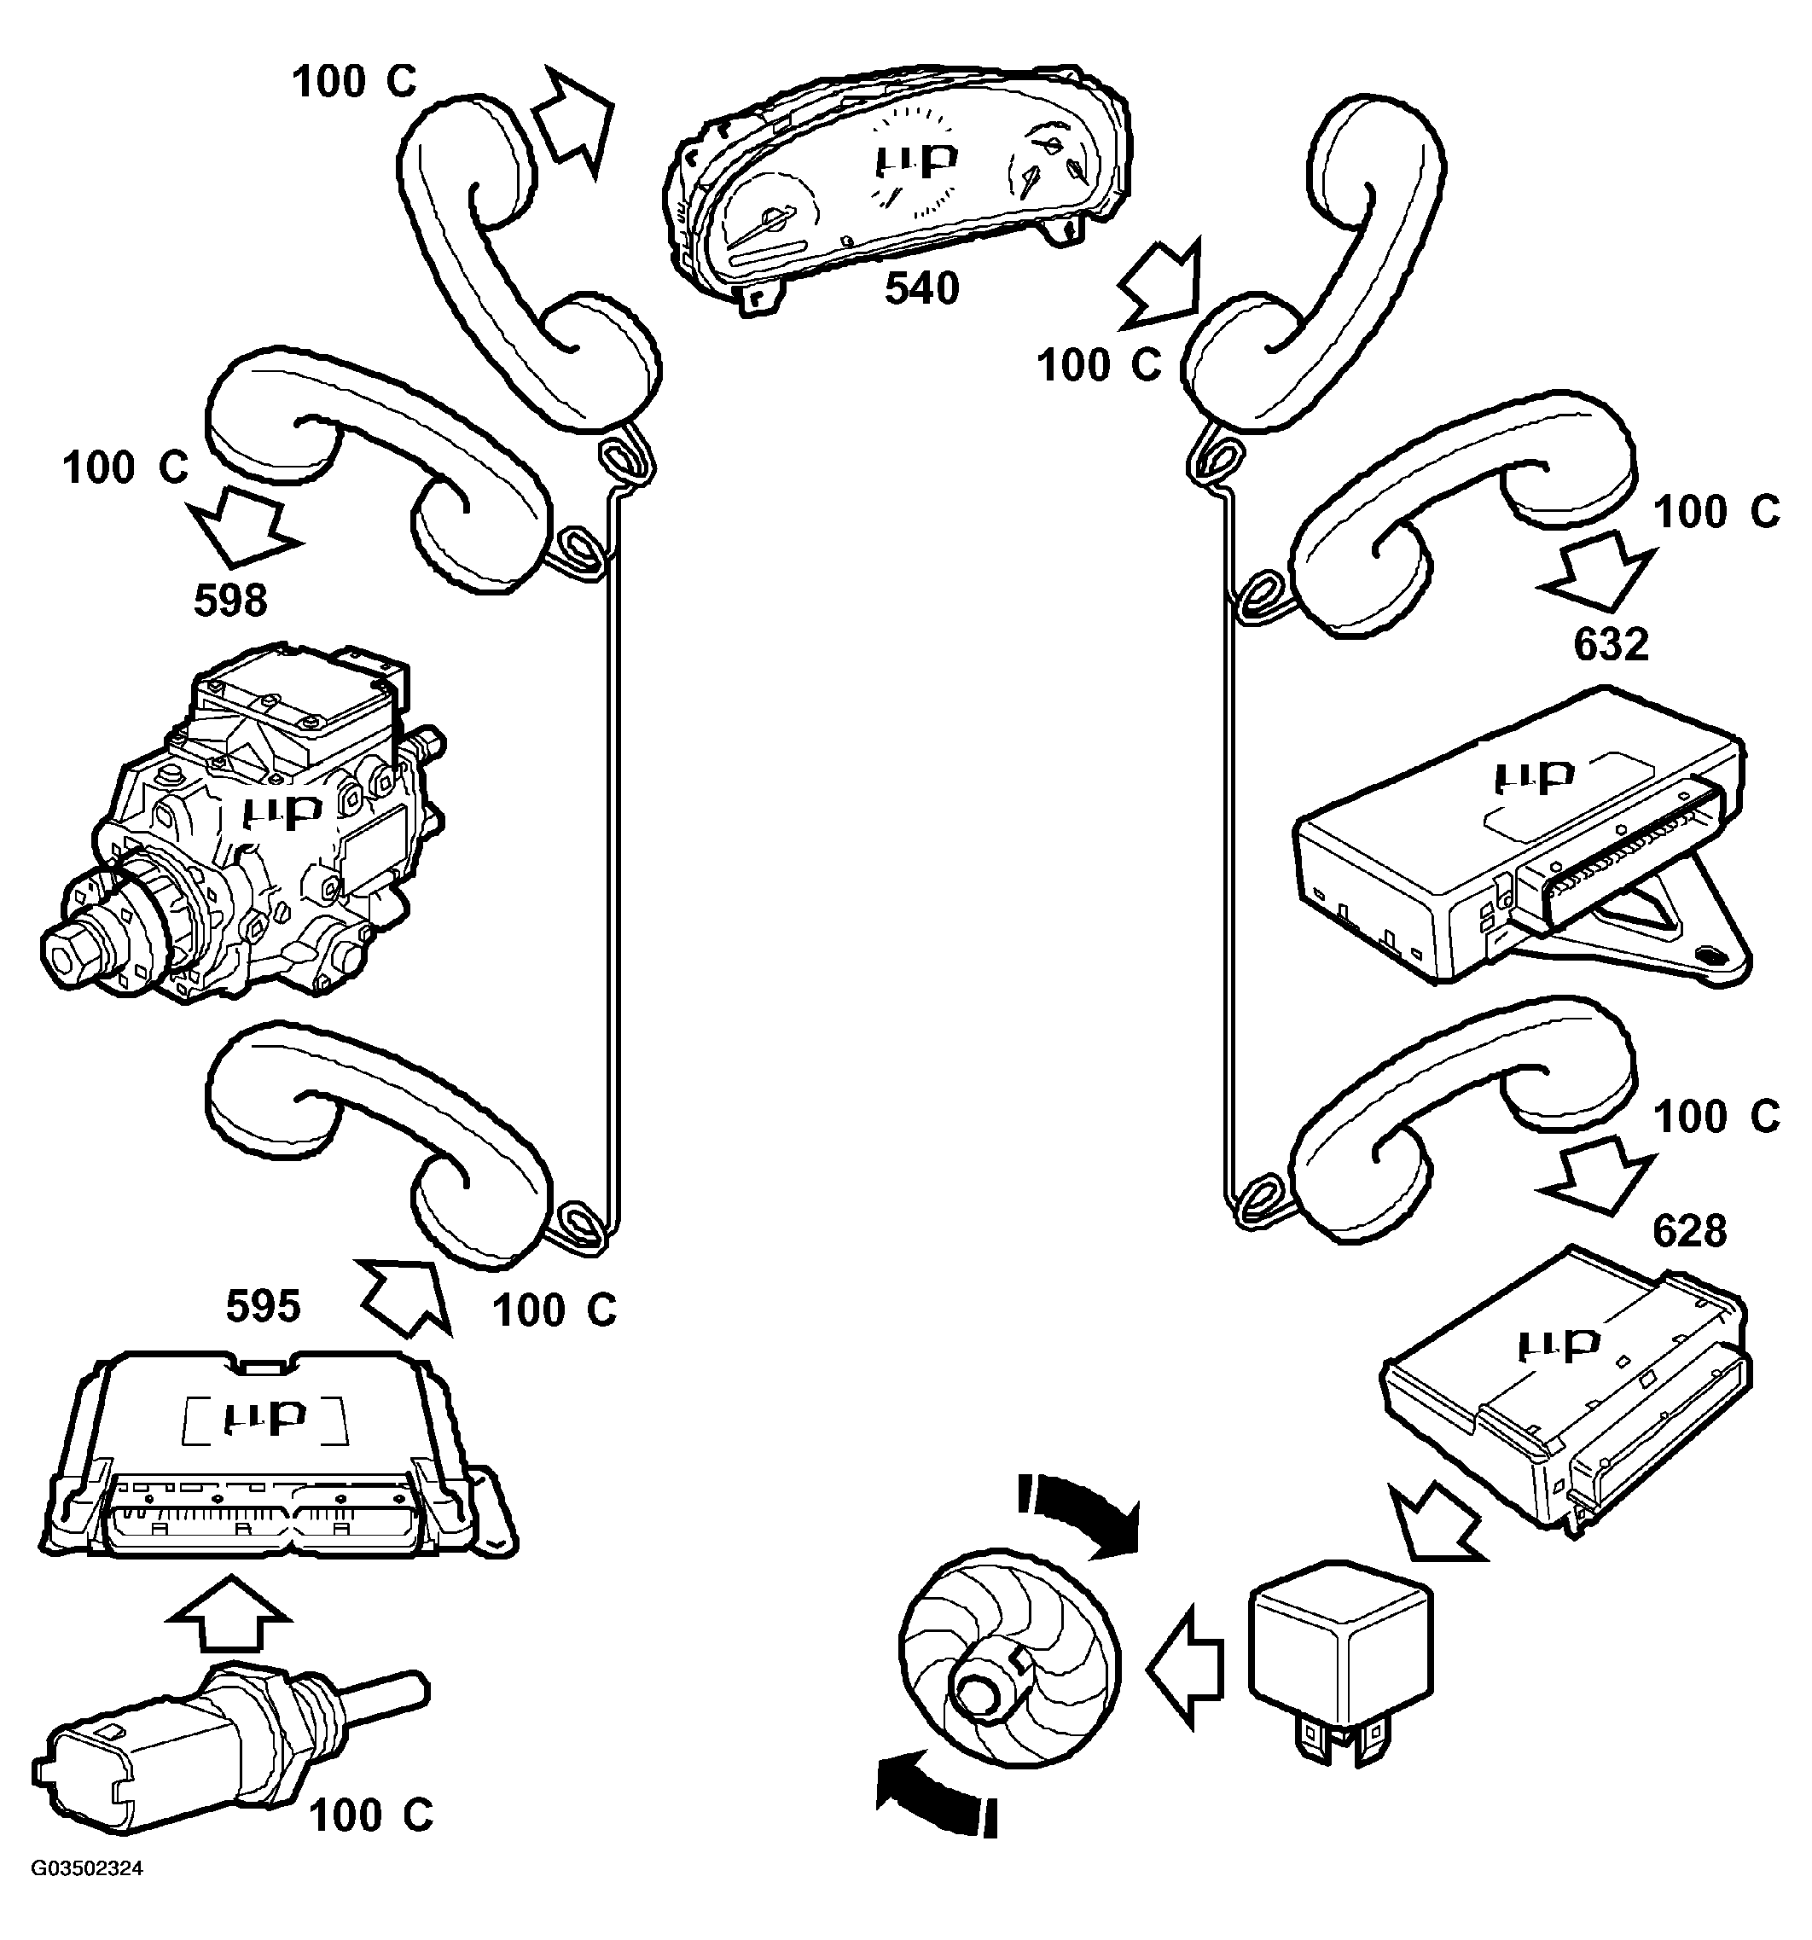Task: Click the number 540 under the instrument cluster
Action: (921, 289)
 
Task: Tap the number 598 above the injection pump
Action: (230, 600)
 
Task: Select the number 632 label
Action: (1611, 644)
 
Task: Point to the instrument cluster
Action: (897, 185)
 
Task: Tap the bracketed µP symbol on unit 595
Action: (265, 1416)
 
